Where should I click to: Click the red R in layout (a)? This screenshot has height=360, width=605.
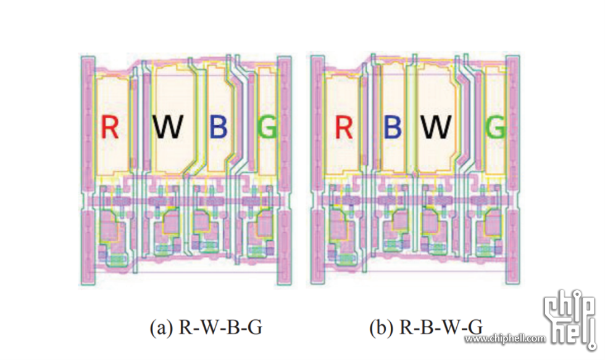[x=110, y=128]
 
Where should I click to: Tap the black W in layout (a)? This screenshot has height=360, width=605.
[x=168, y=128]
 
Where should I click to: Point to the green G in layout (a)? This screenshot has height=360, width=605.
[x=267, y=128]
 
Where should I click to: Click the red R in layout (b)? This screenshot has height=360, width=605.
[x=343, y=128]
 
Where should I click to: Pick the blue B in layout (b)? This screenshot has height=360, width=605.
[x=392, y=128]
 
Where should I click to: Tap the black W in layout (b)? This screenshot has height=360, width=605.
[x=436, y=128]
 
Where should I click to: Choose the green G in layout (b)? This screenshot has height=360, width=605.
[x=496, y=128]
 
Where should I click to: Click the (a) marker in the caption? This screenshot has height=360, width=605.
[x=161, y=328]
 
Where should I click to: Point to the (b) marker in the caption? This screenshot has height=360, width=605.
[x=380, y=328]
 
